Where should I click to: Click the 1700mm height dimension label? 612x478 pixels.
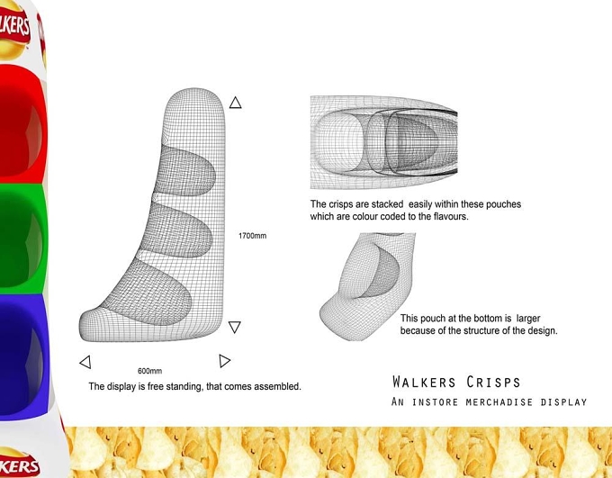252,236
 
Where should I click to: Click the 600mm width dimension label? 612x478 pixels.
150,371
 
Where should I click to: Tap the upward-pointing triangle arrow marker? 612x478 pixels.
236,103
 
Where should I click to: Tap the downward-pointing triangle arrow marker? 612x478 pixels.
235,327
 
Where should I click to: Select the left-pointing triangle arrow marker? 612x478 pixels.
85,362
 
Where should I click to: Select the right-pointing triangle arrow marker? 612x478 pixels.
224,361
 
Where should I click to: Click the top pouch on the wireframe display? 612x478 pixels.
185,171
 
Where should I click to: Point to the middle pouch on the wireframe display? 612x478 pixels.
177,230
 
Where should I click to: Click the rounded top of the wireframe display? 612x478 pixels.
194,104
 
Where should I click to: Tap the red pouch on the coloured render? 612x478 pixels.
22,124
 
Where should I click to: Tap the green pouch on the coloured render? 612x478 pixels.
22,239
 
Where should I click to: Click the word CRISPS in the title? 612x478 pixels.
493,382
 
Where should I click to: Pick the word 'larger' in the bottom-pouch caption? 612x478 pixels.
528,319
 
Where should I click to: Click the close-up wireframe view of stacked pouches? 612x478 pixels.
383,142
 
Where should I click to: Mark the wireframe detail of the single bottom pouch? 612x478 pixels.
367,287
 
